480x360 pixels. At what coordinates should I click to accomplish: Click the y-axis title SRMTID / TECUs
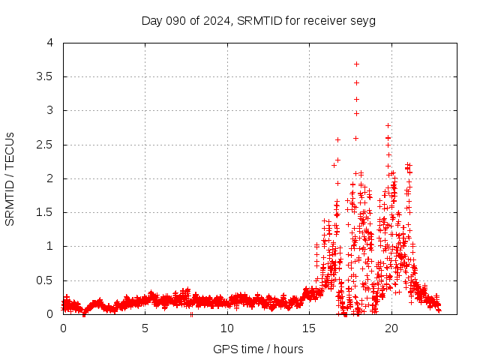10,178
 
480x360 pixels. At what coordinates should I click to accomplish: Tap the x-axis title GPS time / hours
258,349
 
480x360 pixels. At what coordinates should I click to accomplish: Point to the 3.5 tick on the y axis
47,76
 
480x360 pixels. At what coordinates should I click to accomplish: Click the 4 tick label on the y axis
50,43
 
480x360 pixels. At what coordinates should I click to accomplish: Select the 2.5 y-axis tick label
47,144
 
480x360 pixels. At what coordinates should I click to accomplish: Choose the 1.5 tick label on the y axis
47,212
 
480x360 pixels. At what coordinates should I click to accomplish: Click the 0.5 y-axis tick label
47,280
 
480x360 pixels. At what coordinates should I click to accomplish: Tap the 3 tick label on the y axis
50,110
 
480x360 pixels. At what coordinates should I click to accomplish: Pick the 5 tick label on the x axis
145,328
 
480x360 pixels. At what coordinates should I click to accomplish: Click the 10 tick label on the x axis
226,328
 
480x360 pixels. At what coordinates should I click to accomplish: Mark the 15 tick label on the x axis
308,328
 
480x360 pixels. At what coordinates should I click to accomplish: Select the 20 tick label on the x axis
390,328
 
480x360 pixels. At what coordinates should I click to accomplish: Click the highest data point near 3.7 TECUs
356,64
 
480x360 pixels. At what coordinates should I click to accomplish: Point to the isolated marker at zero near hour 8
191,313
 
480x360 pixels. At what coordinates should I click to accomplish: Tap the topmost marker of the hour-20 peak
388,125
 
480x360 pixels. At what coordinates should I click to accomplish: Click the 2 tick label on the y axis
50,178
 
